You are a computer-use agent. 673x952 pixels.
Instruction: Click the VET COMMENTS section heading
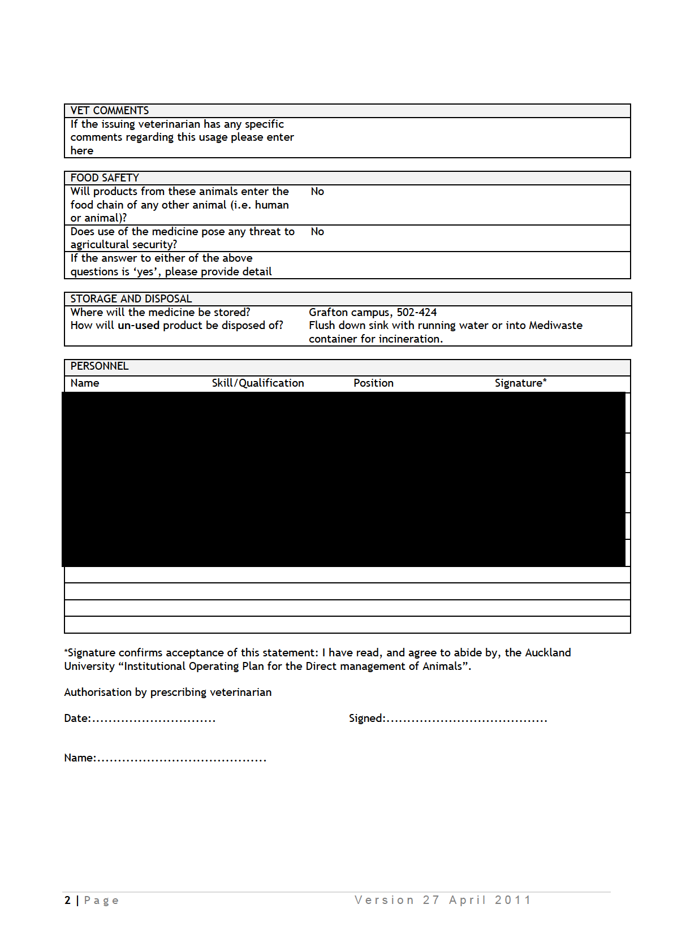click(110, 111)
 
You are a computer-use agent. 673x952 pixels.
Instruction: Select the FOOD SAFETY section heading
click(105, 178)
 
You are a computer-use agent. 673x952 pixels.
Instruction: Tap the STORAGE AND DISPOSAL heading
click(131, 299)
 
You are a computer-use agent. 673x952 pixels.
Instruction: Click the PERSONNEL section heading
click(100, 366)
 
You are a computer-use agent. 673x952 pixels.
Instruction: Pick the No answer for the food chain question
click(317, 192)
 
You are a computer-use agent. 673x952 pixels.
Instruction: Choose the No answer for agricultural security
click(317, 232)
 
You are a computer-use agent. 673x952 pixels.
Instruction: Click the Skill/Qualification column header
click(258, 383)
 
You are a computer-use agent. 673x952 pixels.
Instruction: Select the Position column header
click(373, 383)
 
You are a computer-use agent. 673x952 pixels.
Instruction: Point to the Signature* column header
click(520, 383)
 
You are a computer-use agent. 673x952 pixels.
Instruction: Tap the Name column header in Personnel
click(85, 383)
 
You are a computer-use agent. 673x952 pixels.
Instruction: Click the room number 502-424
click(417, 313)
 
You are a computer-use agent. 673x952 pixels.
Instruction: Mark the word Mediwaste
click(555, 326)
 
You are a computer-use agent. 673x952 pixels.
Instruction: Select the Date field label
click(77, 719)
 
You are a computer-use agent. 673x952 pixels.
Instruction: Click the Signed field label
click(366, 719)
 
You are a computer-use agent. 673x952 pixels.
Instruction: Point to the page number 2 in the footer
click(68, 901)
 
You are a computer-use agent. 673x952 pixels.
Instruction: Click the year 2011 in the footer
click(512, 901)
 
